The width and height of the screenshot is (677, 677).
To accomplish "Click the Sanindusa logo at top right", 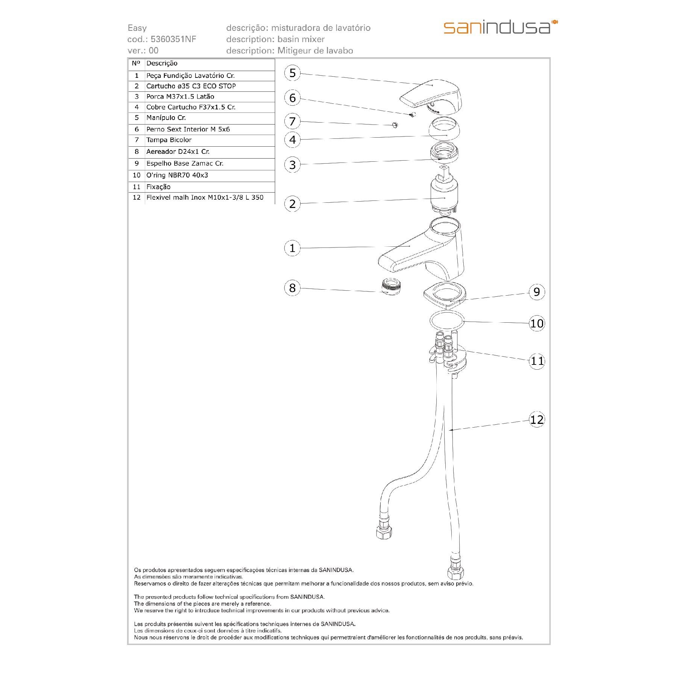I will [x=500, y=28].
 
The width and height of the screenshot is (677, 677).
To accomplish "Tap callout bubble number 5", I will [x=292, y=73].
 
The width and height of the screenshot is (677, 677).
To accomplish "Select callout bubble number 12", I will [x=537, y=419].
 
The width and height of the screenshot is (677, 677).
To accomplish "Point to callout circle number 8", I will [x=292, y=288].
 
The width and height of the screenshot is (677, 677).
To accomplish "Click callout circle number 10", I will [x=537, y=323].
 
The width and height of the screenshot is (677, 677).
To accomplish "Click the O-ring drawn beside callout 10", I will [x=447, y=321].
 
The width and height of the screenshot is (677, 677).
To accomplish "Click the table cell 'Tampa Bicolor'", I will [x=169, y=140].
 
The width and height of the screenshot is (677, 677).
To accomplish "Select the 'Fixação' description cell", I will [x=158, y=187].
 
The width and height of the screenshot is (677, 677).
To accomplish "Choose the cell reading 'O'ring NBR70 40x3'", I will [x=177, y=175].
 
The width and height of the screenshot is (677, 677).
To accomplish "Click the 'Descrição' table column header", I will [x=162, y=64].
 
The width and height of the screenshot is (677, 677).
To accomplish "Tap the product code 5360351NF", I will [x=173, y=39].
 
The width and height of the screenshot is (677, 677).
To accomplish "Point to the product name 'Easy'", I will [x=137, y=28].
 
